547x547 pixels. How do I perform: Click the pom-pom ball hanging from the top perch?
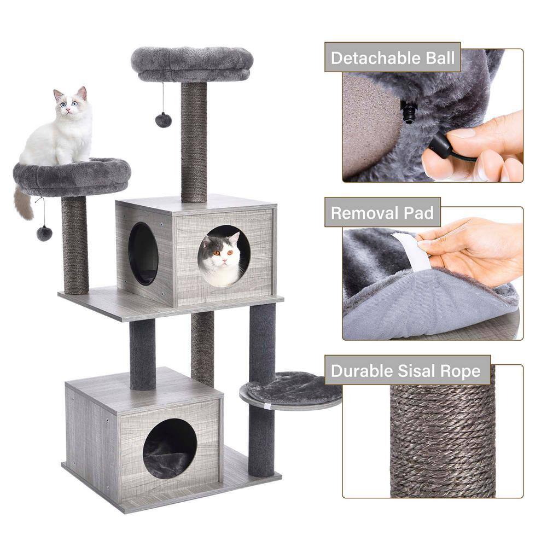pyautogui.click(x=163, y=120)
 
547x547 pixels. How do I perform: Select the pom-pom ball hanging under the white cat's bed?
pyautogui.click(x=44, y=233)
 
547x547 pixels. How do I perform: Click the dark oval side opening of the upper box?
pyautogui.click(x=143, y=253)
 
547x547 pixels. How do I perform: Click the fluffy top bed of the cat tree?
pyautogui.click(x=192, y=61)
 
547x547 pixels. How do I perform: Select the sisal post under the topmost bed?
pyautogui.click(x=194, y=142)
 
